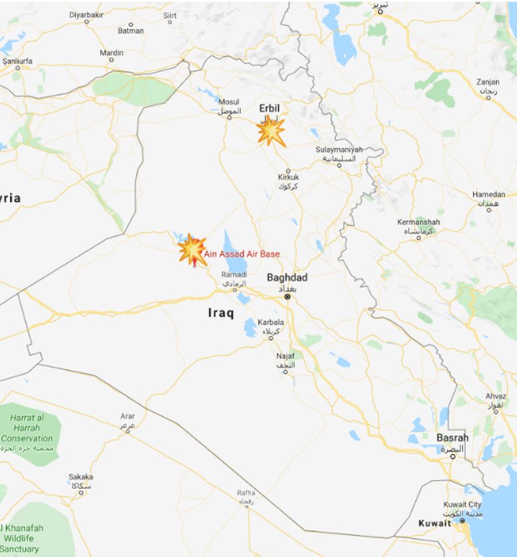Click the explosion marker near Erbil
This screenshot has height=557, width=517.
(x=271, y=131)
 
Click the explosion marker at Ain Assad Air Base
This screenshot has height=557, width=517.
(x=192, y=250)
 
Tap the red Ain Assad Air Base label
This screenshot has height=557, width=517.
(x=242, y=254)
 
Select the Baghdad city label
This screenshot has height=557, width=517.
(x=287, y=277)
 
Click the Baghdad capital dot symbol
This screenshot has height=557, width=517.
(x=287, y=296)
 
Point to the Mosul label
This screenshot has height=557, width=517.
(x=228, y=102)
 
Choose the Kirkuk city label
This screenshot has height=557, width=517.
(x=288, y=177)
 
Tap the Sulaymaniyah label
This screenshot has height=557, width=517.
(x=339, y=150)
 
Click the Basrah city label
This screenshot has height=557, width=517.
(x=452, y=437)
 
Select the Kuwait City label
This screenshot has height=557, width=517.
(x=462, y=505)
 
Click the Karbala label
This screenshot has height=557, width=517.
(x=271, y=323)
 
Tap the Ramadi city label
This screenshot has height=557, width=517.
(x=234, y=275)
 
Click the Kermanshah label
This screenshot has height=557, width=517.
(x=418, y=222)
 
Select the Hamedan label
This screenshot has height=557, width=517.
(x=488, y=195)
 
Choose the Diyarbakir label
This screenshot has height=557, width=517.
(x=87, y=14)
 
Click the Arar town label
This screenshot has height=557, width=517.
(x=128, y=417)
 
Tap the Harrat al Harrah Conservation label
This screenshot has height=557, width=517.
(x=27, y=428)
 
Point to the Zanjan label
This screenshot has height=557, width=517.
(x=487, y=82)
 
